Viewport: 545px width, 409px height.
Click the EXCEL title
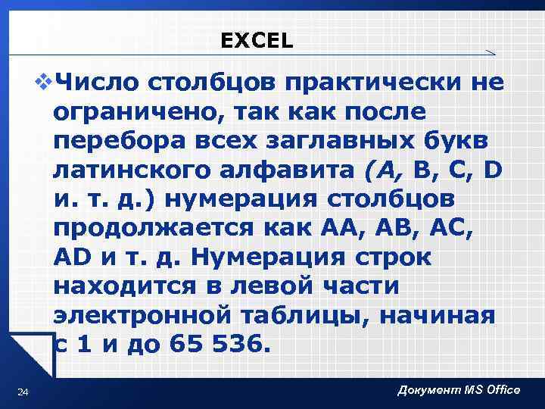[257, 40]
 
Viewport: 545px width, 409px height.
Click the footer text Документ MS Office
[459, 390]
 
